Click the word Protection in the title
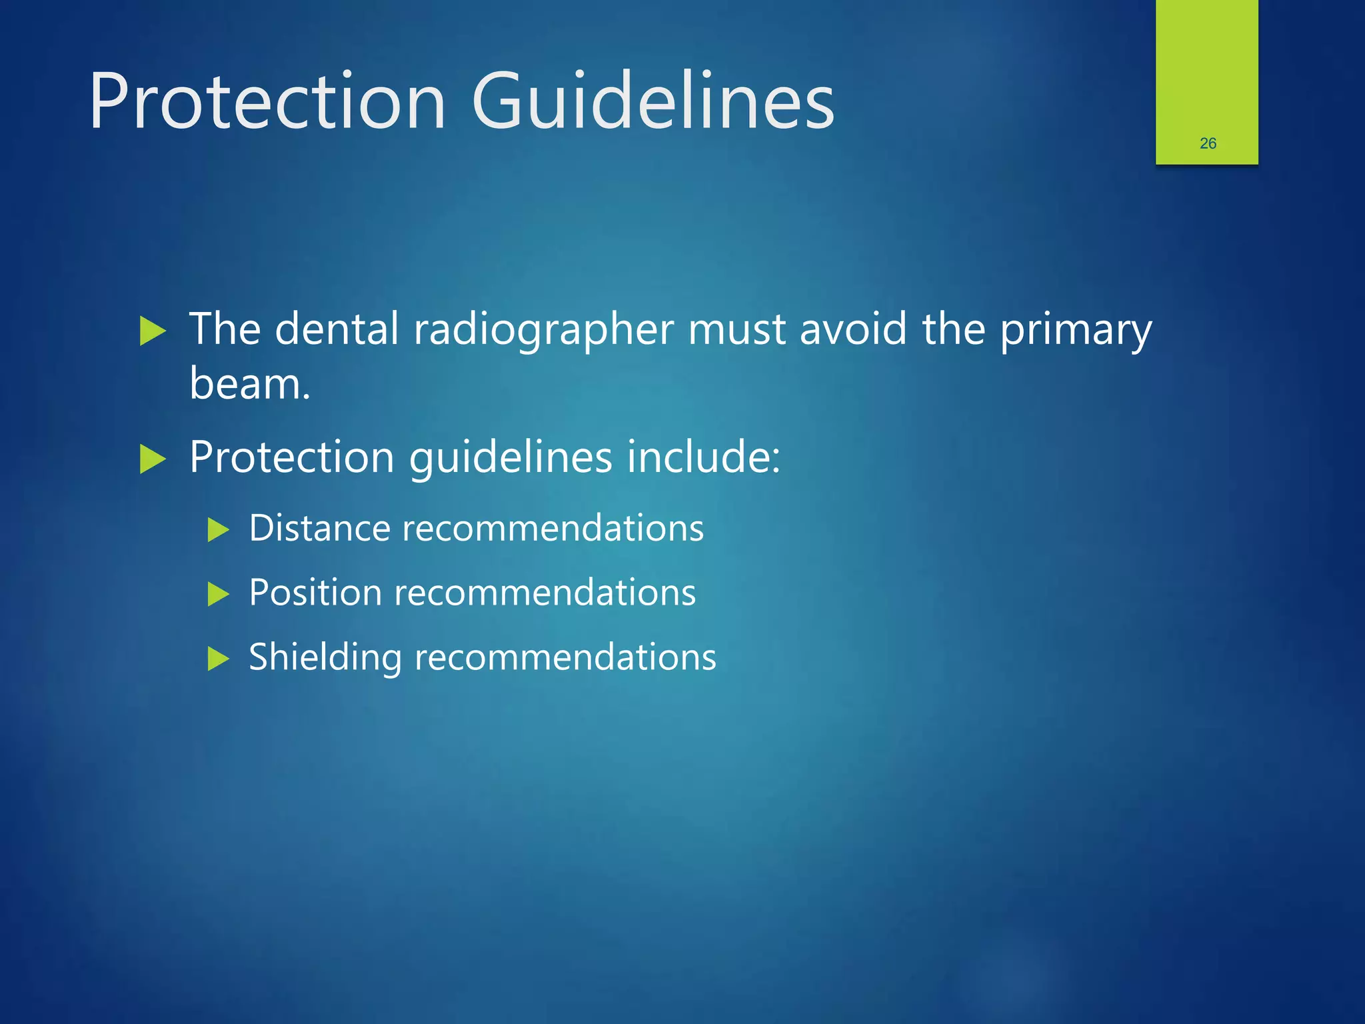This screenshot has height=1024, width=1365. point(267,102)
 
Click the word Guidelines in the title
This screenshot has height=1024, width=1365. point(653,102)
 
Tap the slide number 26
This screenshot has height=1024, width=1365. point(1208,143)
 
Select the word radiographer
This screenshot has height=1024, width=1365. point(543,330)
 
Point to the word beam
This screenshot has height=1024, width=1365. point(249,384)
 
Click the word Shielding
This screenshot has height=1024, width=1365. point(325,658)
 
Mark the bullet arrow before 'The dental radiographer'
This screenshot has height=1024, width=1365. point(153,331)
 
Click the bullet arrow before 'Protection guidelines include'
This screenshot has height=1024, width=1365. point(153,459)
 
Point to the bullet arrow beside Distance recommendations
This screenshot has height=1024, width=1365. point(218,531)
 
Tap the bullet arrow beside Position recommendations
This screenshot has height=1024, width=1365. point(218,594)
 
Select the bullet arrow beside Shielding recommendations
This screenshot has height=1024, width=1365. point(218,659)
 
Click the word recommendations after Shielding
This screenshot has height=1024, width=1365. point(565,658)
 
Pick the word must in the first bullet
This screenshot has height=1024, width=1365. point(736,329)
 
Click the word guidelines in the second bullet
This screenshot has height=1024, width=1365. point(511,459)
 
